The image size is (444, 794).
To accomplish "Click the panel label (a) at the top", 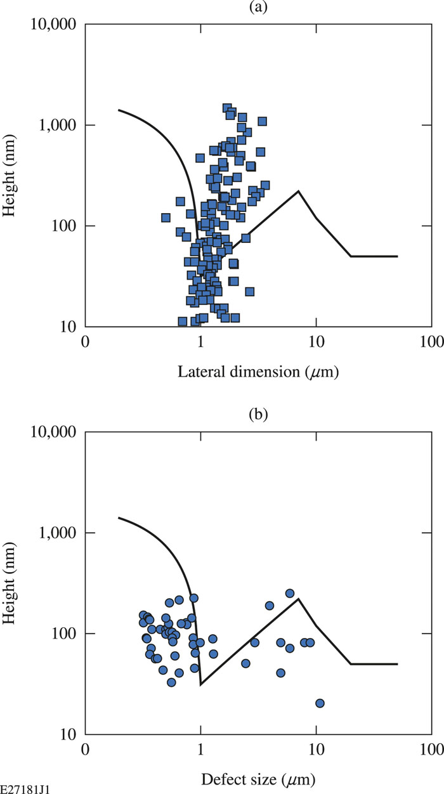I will [259, 8].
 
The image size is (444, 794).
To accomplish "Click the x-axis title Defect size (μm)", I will [259, 779].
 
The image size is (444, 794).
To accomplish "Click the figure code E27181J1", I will [25, 787].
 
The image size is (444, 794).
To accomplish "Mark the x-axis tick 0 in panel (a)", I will [86, 341].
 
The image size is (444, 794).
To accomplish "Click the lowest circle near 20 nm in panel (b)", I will [320, 703].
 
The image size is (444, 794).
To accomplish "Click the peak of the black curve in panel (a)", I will [298, 191].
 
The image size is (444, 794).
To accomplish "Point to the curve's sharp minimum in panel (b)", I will [201, 684].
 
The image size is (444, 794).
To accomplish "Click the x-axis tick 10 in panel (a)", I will [316, 341].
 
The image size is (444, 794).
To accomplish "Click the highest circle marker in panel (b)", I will [290, 593].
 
